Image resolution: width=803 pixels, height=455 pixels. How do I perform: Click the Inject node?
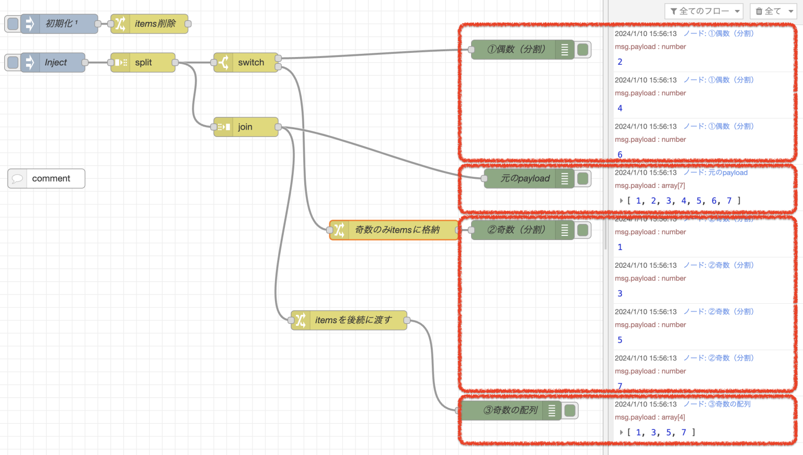(x=55, y=63)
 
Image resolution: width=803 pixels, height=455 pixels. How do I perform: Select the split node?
(x=143, y=63)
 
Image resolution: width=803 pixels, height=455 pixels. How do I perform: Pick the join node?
(x=245, y=127)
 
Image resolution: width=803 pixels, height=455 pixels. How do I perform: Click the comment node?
(x=47, y=178)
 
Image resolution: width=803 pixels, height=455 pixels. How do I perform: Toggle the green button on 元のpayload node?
(x=583, y=178)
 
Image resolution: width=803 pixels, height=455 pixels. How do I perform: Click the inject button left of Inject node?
(x=13, y=63)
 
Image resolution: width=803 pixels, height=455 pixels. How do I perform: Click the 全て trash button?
(x=773, y=11)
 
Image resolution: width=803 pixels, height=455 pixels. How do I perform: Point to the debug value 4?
(x=620, y=108)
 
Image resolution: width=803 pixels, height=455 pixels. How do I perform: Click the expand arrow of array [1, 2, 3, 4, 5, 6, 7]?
(x=621, y=201)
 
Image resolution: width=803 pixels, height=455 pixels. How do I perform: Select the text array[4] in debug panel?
(x=673, y=417)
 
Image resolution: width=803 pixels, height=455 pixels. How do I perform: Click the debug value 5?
(x=620, y=340)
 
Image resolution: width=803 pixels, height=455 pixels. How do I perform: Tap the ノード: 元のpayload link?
(x=716, y=173)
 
